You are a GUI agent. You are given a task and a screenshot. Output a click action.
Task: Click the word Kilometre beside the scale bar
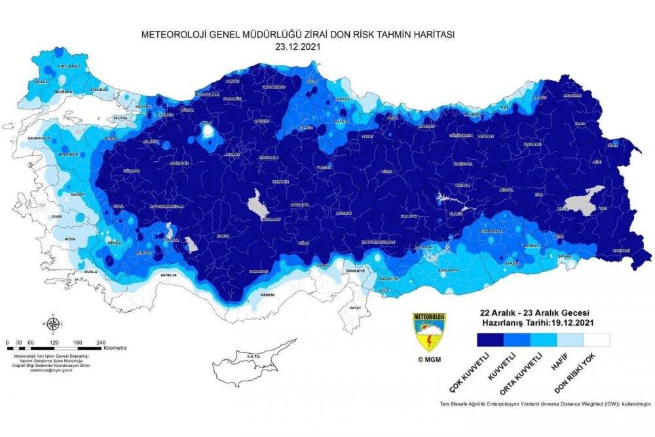115,348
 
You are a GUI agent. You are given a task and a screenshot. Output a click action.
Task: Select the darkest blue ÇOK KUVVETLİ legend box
490,339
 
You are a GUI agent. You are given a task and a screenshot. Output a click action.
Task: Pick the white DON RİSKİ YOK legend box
597,339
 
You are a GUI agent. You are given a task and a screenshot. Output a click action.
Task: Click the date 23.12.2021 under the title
299,48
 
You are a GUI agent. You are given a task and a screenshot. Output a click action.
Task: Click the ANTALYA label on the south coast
168,275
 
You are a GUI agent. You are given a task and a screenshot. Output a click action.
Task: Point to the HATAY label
356,307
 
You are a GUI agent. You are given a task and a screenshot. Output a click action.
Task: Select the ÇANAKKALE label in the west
41,138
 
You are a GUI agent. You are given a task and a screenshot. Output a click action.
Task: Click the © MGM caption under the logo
429,360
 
